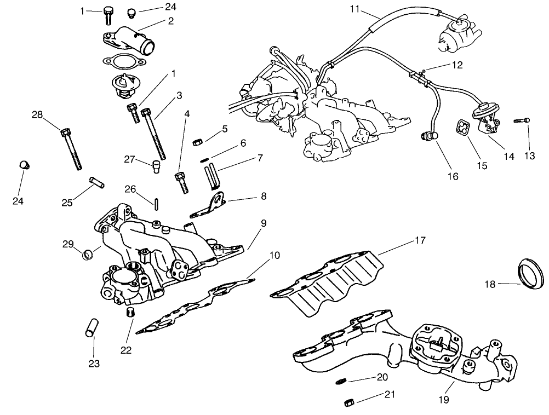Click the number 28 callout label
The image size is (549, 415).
coord(37,114)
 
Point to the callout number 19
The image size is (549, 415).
coord(444,400)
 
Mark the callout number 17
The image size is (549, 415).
coord(420,240)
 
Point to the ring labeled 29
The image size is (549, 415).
coord(87,255)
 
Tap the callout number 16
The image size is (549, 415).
coord(452,176)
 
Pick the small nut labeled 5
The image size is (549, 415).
coord(198,143)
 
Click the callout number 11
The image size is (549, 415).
coord(354,9)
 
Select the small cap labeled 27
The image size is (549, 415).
coord(157,165)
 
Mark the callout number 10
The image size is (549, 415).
coord(274,256)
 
